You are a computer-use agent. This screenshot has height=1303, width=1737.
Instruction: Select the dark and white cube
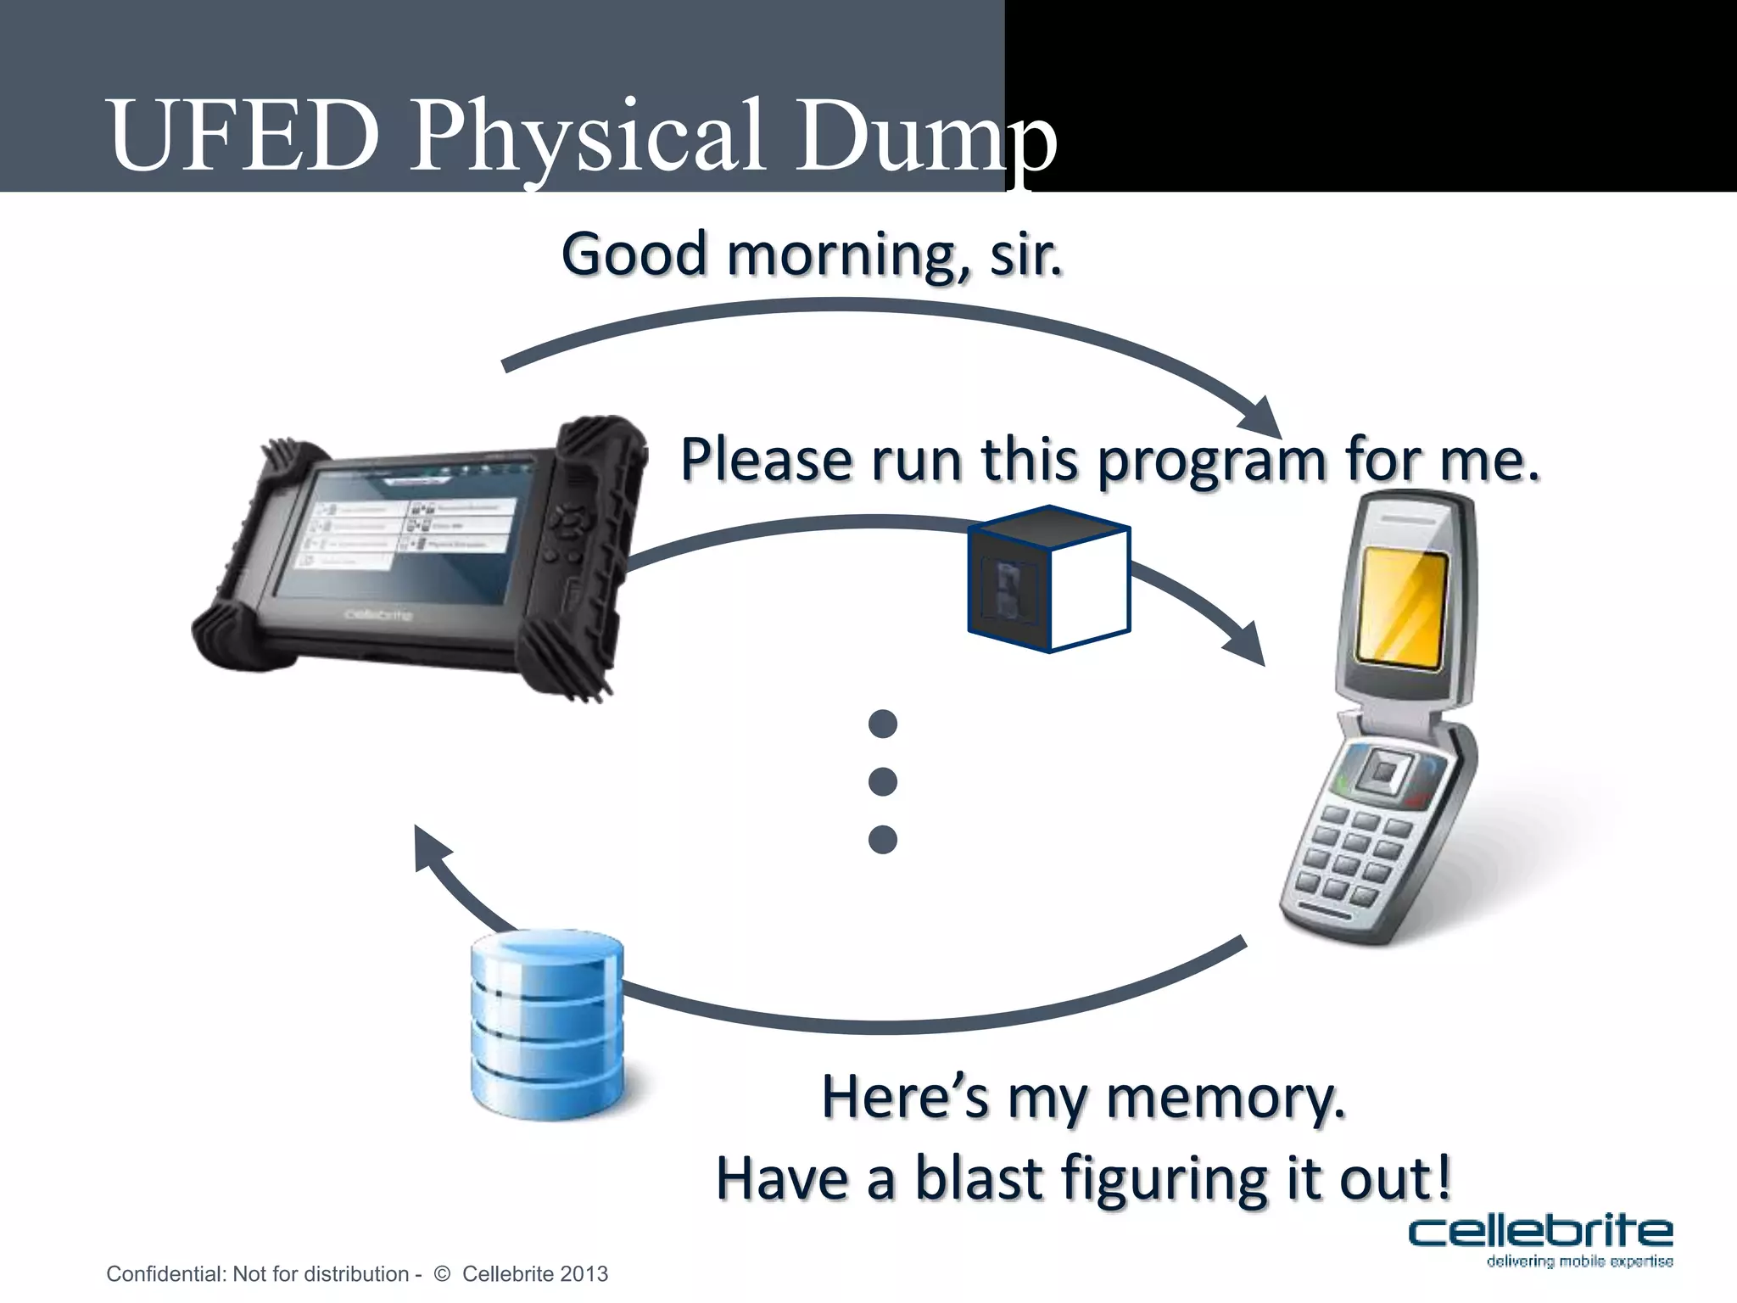pyautogui.click(x=1049, y=579)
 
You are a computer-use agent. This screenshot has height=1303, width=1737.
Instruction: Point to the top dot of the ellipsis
pyautogui.click(x=883, y=724)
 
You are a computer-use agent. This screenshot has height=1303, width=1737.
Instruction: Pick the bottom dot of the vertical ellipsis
pyautogui.click(x=883, y=839)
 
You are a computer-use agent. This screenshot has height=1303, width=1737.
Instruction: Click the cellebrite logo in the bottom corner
pyautogui.click(x=1540, y=1239)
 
